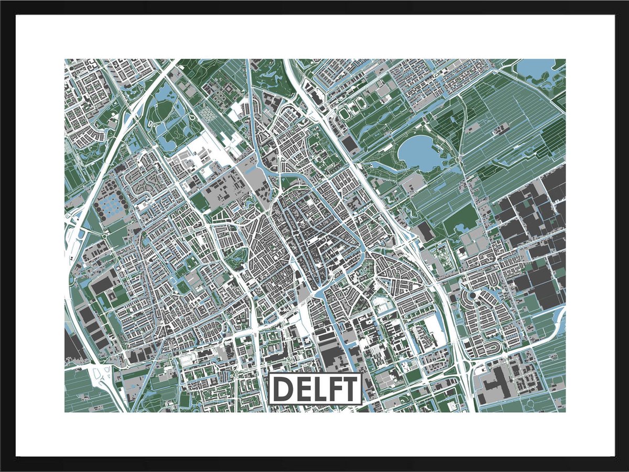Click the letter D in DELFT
click(x=282, y=389)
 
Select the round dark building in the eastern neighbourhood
click(x=472, y=297)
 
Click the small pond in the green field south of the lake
click(x=463, y=228)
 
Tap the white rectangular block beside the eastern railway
click(x=433, y=328)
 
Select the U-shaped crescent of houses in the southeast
click(x=493, y=346)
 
